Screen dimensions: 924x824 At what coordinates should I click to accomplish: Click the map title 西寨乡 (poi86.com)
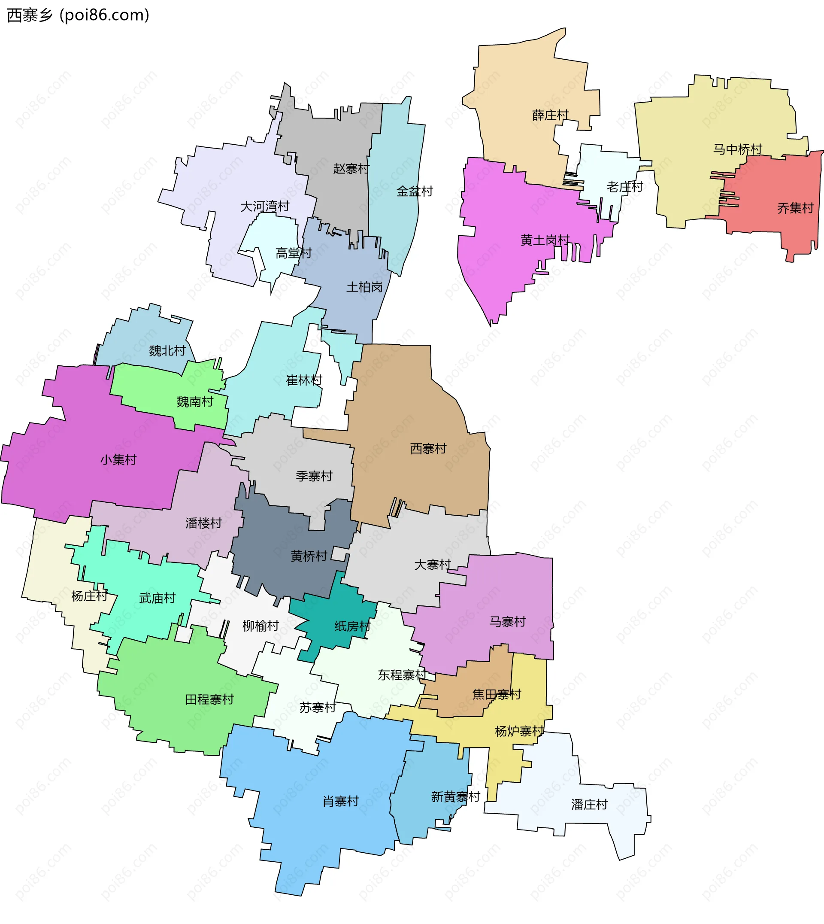pos(78,15)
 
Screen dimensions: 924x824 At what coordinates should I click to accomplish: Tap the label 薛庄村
pos(550,115)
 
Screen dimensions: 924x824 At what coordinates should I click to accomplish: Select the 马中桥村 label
pos(738,149)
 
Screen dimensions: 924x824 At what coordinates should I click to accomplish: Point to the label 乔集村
pos(796,208)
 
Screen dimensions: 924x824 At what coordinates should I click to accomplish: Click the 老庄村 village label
pos(625,187)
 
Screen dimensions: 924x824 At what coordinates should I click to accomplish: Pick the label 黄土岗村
pos(545,240)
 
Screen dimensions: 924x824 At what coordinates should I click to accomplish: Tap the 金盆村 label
pos(415,191)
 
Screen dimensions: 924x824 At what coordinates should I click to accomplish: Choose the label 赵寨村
pos(351,168)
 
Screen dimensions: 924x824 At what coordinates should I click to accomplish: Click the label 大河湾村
pos(265,207)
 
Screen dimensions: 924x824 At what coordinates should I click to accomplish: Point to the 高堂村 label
pos(294,253)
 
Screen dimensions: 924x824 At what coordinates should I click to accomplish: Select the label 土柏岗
pos(364,287)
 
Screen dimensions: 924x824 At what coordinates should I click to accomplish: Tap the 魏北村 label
pos(167,350)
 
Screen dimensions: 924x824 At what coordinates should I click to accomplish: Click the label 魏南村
pos(195,402)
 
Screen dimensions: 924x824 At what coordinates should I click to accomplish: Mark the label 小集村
pos(118,460)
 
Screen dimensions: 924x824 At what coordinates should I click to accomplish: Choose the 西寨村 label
pos(428,448)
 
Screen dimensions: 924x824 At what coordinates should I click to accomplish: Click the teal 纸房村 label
pos(352,626)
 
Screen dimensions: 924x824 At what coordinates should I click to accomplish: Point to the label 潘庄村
pos(589,805)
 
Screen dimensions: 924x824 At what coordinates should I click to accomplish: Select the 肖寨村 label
pos(340,801)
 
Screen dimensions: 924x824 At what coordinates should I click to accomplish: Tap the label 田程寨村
pos(209,700)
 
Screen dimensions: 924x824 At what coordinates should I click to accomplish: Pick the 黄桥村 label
pos(309,556)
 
